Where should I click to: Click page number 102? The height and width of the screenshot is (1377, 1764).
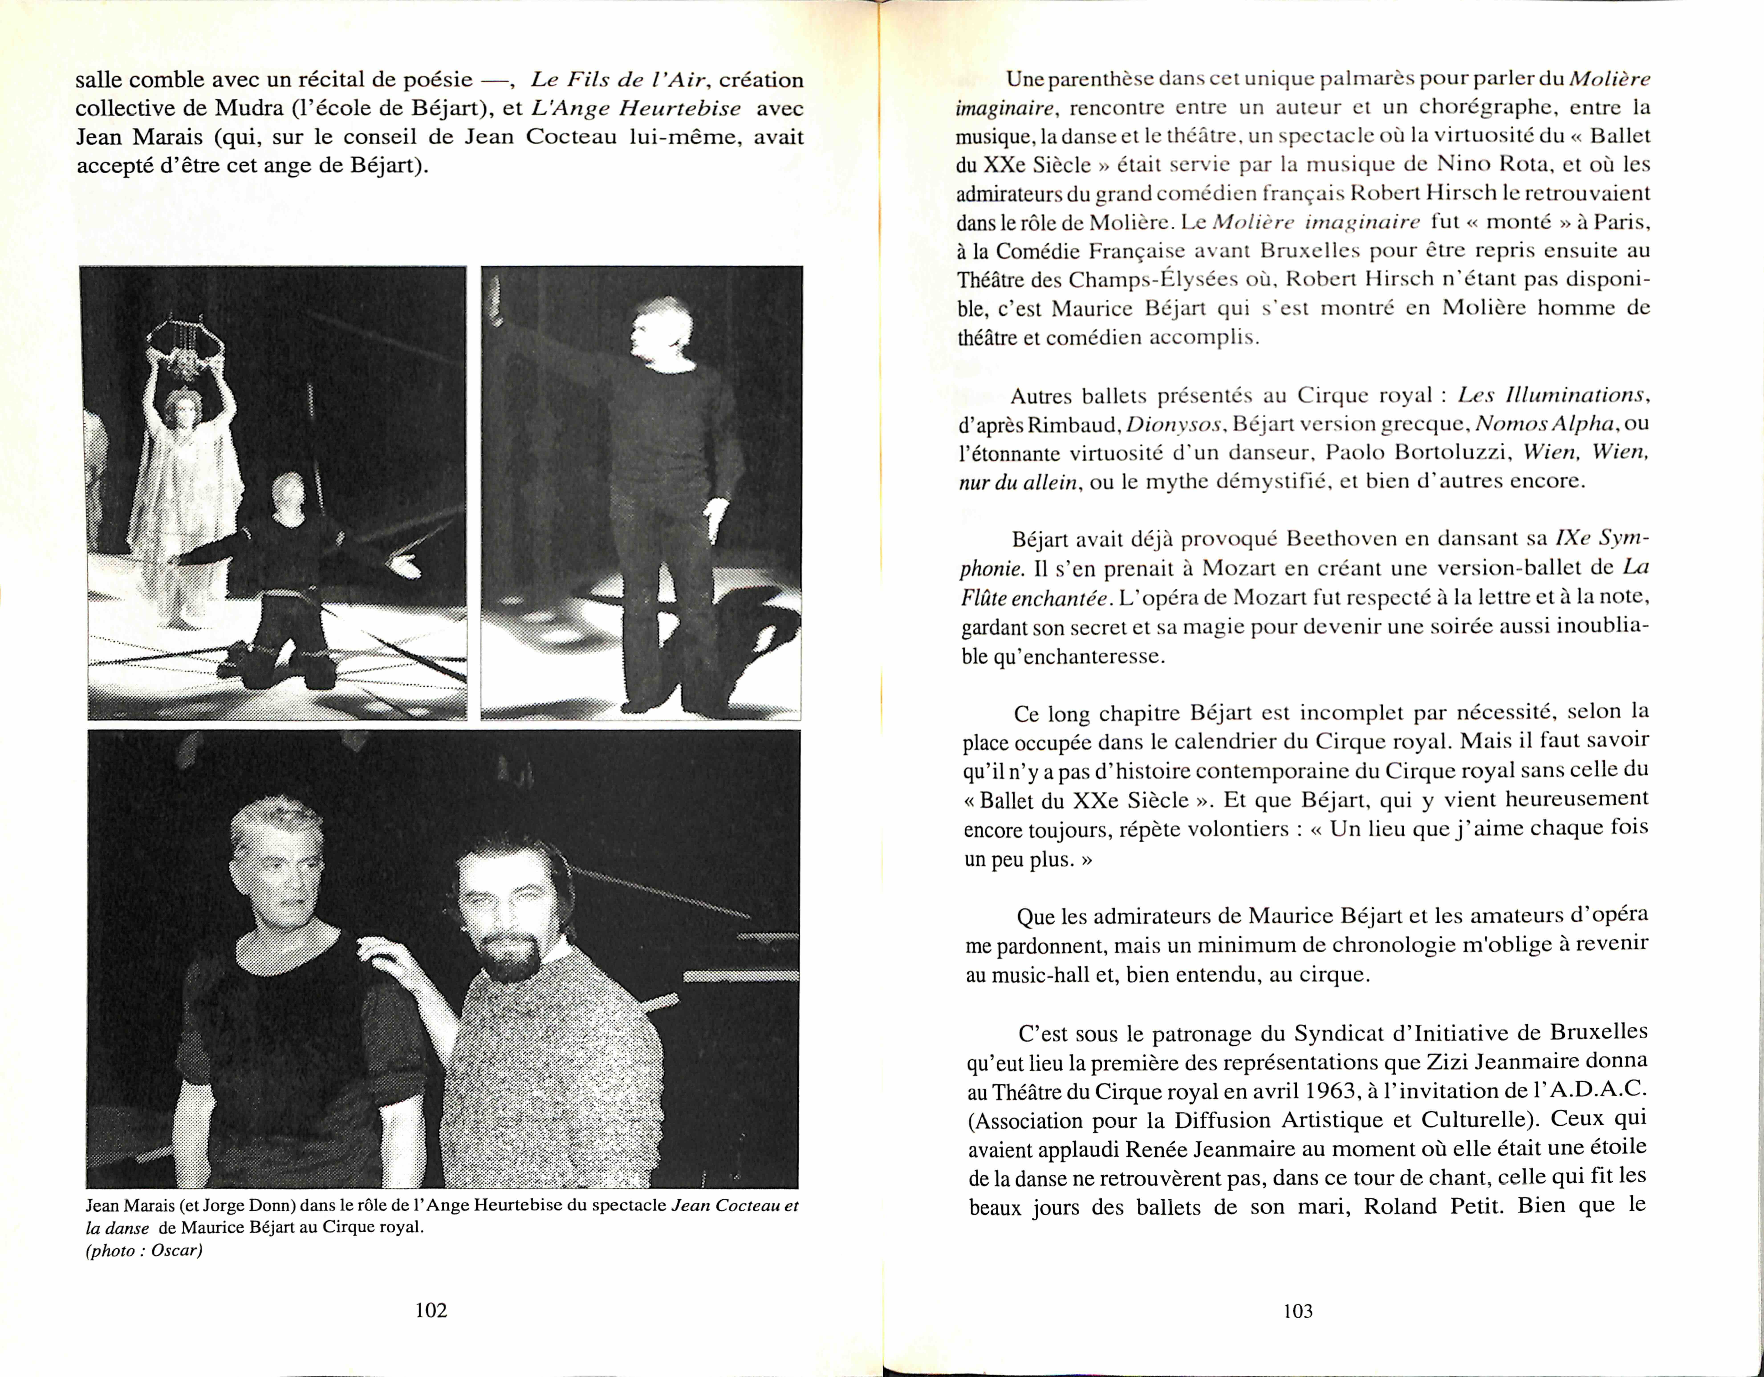[431, 1310]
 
